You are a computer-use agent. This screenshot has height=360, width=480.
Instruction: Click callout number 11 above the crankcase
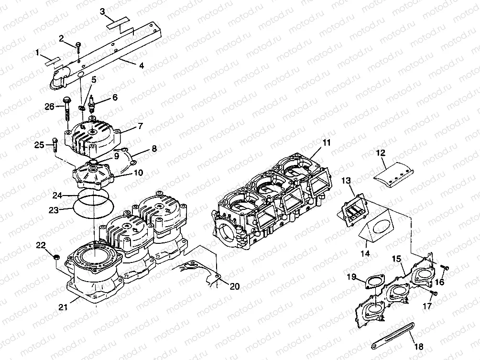[326, 142]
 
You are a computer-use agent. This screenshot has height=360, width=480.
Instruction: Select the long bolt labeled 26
[66, 111]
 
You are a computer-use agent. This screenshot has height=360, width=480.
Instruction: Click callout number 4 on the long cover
[141, 65]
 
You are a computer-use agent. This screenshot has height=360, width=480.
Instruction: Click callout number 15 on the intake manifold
[396, 259]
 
